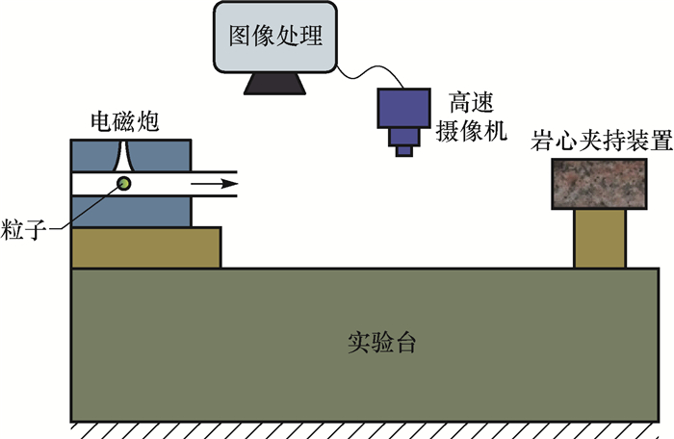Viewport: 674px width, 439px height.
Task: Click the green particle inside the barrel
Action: (123, 183)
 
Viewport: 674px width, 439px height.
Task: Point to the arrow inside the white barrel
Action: (213, 183)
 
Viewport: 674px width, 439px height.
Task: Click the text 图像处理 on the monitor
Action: (274, 37)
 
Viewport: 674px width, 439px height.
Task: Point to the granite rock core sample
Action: (600, 184)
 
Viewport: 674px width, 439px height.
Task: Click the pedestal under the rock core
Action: (600, 239)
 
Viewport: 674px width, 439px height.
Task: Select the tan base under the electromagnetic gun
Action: (146, 247)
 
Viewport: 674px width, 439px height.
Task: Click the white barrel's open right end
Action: (236, 183)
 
